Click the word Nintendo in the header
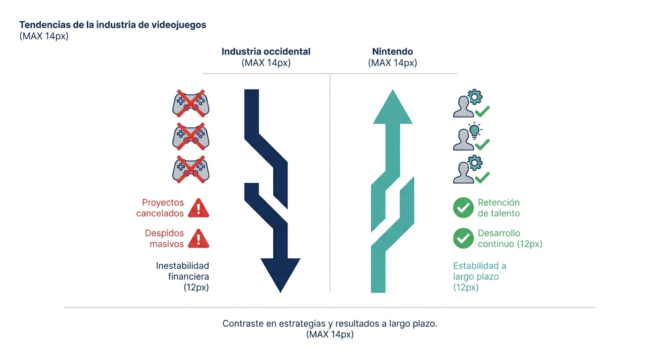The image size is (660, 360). pos(392,52)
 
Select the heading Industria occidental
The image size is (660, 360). pos(266,52)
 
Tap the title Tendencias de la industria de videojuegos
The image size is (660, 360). pos(113,25)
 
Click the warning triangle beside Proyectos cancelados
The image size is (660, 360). pos(199,208)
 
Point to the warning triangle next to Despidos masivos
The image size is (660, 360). pos(199,238)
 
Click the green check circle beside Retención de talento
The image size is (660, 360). pos(463,208)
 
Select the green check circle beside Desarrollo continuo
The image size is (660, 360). pos(463,238)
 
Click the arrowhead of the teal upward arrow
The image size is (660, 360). pos(392,107)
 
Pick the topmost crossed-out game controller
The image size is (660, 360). pos(191,104)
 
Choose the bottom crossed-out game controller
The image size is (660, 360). pos(191,170)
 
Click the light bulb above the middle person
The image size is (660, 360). pos(474,130)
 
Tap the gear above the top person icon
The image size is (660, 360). pos(475,97)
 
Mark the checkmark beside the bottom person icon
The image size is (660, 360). pos(482,177)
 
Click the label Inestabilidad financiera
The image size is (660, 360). pos(182,277)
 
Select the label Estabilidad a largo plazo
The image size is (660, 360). pos(480,277)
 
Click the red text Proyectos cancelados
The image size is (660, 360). pos(160,208)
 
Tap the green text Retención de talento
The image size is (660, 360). pos(499,208)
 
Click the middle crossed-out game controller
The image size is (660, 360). pos(191,137)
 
